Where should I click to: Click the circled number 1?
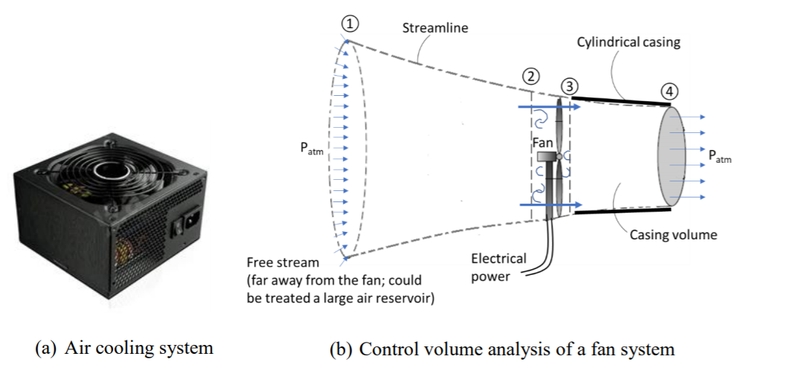tap(347, 23)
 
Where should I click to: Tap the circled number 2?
tap(530, 76)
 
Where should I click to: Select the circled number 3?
tap(570, 85)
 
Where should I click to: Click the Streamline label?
tap(435, 28)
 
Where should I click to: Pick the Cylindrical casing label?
tap(628, 42)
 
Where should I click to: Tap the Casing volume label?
tap(673, 235)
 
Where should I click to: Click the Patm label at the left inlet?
tap(312, 148)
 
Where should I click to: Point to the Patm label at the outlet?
tap(719, 156)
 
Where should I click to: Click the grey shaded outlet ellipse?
tap(671, 157)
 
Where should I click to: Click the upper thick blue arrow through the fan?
tap(550, 107)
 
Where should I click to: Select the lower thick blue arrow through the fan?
tap(550, 204)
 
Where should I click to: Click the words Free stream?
tap(283, 262)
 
